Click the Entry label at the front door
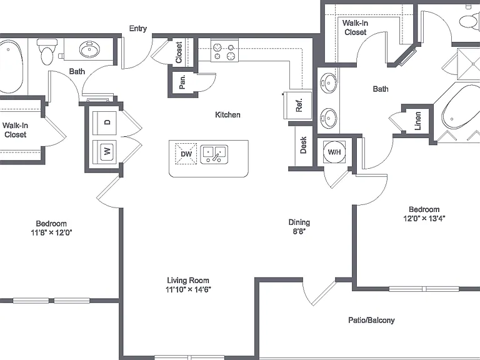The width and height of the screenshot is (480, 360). pos(137,29)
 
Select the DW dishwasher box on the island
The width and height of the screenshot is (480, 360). pos(186,154)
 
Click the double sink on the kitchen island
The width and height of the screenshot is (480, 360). pos(214,154)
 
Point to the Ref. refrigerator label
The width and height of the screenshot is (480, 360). pos(299,105)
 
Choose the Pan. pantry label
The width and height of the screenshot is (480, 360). pos(182,82)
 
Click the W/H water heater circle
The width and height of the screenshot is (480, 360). pos(334,152)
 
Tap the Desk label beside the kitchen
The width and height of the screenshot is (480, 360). pos(303,145)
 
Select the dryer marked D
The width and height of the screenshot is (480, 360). pos(104,122)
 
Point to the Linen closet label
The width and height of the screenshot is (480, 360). pos(417,121)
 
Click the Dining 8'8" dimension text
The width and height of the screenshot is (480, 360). pos(299,227)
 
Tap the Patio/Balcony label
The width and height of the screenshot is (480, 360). pos(371,320)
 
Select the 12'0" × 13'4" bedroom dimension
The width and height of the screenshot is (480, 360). pos(424,218)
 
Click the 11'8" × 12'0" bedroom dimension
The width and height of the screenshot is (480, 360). pos(51,232)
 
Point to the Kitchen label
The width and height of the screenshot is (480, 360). pos(227,115)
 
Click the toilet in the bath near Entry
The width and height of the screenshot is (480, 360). pos(47,51)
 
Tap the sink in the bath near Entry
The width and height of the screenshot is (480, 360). pos(89,49)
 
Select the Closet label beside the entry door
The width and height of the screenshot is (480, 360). pos(179,52)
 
